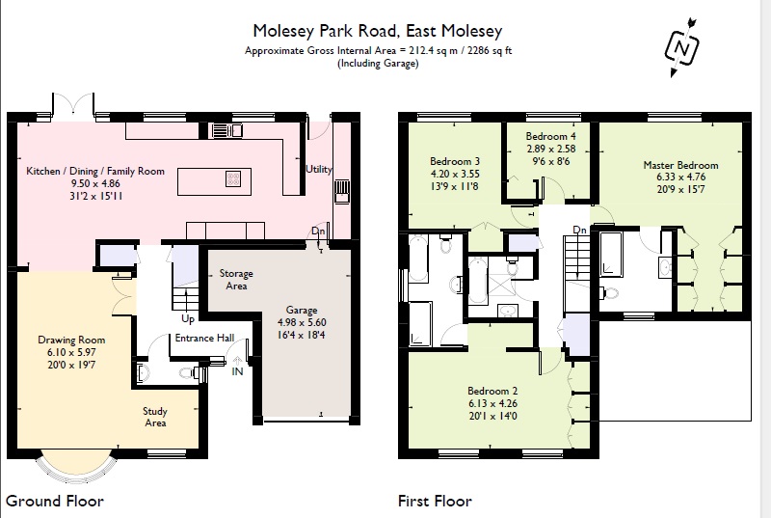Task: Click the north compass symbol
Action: [x=681, y=44]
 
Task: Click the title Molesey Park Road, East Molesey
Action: [x=377, y=32]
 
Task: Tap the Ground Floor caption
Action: [x=55, y=501]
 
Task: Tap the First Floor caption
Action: [x=435, y=501]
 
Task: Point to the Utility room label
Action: [x=319, y=170]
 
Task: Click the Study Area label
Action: [x=155, y=417]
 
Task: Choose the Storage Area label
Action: [x=236, y=280]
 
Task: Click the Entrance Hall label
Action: [x=203, y=338]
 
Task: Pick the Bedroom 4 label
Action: [x=551, y=136]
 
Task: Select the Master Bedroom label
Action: [x=680, y=165]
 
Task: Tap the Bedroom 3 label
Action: [x=455, y=160]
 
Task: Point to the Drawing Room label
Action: [x=71, y=341]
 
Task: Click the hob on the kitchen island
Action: [x=233, y=177]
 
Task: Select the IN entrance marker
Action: [x=236, y=370]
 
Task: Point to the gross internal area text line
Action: [x=377, y=50]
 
